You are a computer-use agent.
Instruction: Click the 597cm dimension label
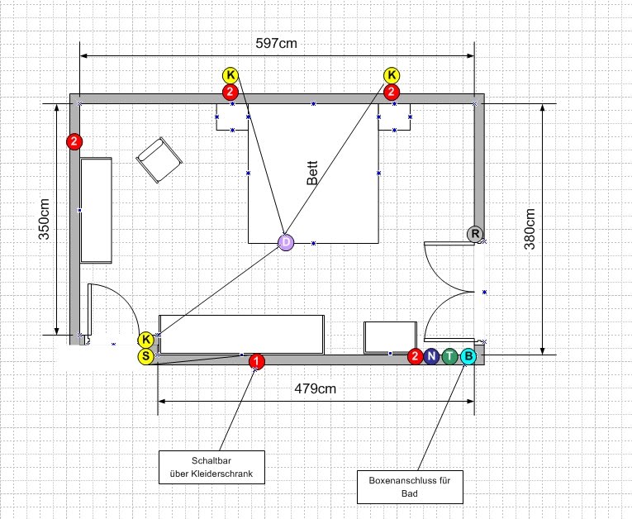tap(277, 43)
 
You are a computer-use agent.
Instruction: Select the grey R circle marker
tap(475, 234)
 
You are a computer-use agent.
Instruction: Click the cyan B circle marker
tap(468, 357)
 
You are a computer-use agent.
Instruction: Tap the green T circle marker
tap(449, 357)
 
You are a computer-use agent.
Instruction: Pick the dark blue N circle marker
tap(431, 357)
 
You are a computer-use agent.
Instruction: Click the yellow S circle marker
tap(145, 357)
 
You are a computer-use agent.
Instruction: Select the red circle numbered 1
tap(257, 361)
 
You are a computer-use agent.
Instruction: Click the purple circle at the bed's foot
tap(285, 242)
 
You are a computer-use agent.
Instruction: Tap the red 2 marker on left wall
tap(74, 141)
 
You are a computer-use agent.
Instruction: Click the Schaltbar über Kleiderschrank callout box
tap(212, 468)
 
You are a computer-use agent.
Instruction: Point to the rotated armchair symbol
tap(159, 160)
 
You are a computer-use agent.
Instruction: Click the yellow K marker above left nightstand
tap(230, 76)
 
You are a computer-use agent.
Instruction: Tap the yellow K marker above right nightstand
tap(392, 76)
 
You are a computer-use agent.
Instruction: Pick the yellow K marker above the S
tap(145, 340)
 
